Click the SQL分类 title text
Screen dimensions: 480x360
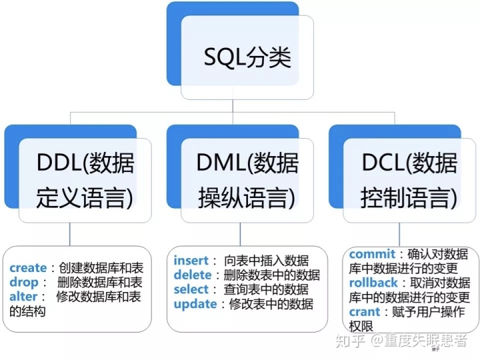247,57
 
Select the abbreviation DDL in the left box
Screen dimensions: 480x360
59,162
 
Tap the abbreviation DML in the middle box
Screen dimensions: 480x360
221,162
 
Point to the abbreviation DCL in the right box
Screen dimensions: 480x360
383,162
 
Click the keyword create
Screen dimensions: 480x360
28,268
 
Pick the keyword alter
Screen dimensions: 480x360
23,296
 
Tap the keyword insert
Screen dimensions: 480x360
191,261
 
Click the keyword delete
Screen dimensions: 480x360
193,275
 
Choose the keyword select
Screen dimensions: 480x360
191,289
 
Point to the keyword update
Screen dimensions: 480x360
195,304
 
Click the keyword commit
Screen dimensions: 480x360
372,254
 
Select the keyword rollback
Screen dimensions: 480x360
373,283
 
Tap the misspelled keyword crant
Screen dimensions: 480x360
364,312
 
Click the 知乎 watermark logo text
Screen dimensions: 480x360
351,341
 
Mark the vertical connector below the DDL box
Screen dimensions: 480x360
70,234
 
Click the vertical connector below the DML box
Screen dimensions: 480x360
240,234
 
